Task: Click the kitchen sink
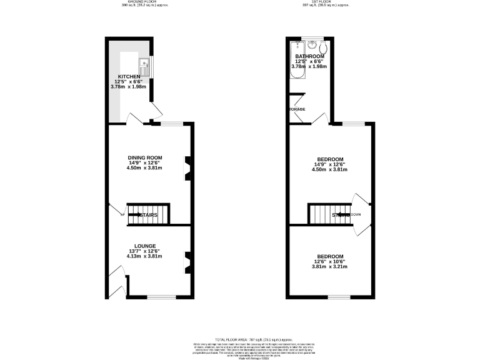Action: (x=144, y=62)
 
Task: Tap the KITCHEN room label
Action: (x=129, y=76)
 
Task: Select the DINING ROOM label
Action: (x=145, y=157)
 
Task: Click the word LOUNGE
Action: (x=144, y=246)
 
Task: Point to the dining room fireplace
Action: (x=186, y=167)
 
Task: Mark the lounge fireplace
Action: (x=186, y=261)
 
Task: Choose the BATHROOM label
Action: (x=311, y=56)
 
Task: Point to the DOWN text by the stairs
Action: (x=356, y=214)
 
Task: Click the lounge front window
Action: (x=157, y=296)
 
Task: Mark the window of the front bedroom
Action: (x=338, y=296)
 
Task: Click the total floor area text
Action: (x=240, y=337)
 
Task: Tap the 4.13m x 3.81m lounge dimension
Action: (x=144, y=256)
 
